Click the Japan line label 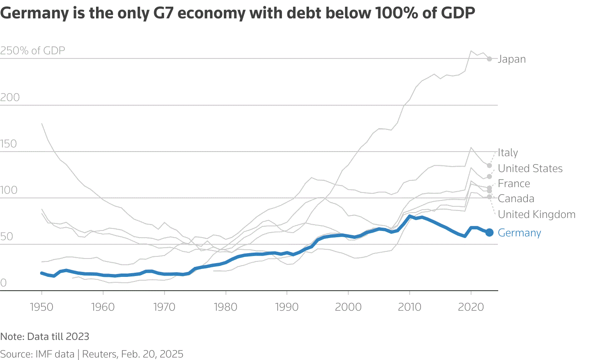512,59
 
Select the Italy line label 508,153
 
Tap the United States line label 530,168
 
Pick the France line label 514,184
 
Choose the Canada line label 516,199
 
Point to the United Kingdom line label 537,215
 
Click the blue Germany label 520,233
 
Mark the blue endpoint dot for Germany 489,232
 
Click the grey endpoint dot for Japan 489,59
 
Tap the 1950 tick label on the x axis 42,307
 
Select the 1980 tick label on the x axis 226,307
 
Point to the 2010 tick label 410,307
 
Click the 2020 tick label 471,307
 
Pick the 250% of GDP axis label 33,51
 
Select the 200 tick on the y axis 10,98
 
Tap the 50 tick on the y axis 7,237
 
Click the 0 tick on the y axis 4,283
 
